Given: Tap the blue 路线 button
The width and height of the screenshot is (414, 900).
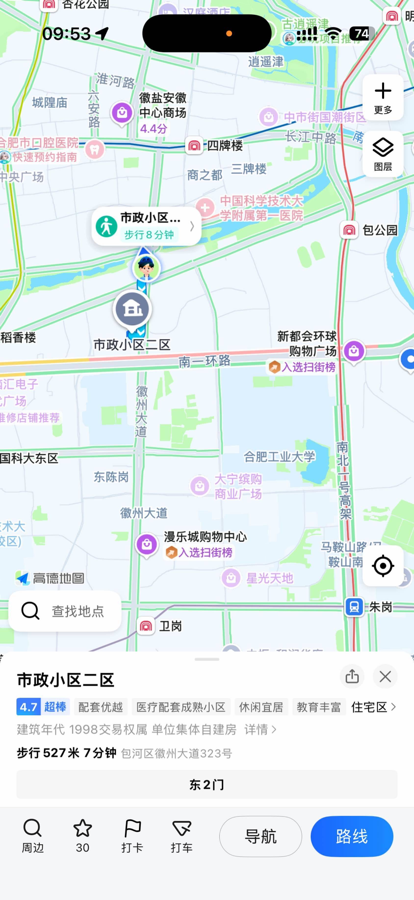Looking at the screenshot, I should coord(351,836).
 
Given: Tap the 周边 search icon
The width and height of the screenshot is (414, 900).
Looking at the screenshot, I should coord(32,828).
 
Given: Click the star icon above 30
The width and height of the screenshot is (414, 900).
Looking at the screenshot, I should coord(82,828).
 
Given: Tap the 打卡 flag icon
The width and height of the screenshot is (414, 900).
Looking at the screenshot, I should coord(132,828).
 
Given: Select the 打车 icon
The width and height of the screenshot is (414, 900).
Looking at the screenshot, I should coord(182,828).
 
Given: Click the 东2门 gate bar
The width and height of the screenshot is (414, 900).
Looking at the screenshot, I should coord(207,784).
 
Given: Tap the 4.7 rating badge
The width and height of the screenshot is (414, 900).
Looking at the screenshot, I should coord(28,707).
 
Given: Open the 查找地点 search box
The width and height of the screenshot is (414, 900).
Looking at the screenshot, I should coord(65,611).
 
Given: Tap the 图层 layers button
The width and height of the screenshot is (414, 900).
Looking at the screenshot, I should coord(383,154).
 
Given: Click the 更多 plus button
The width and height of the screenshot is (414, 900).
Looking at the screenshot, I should coord(383,97).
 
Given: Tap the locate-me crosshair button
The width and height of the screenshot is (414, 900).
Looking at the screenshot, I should coord(383,566).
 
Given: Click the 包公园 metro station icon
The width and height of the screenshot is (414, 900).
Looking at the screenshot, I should coord(349,230).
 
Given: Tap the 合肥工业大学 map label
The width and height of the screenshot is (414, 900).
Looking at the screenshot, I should coord(279,456).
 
